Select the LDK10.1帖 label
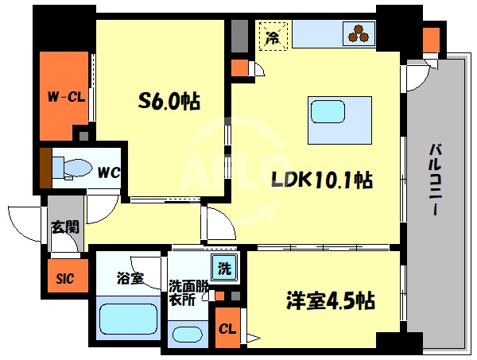tap(316, 180)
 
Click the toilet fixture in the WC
tap(68, 165)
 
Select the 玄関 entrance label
tap(64, 226)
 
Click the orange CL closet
tap(227, 327)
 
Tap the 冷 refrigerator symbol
tap(273, 36)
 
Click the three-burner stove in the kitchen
tap(355, 33)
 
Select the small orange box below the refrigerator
tap(238, 68)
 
